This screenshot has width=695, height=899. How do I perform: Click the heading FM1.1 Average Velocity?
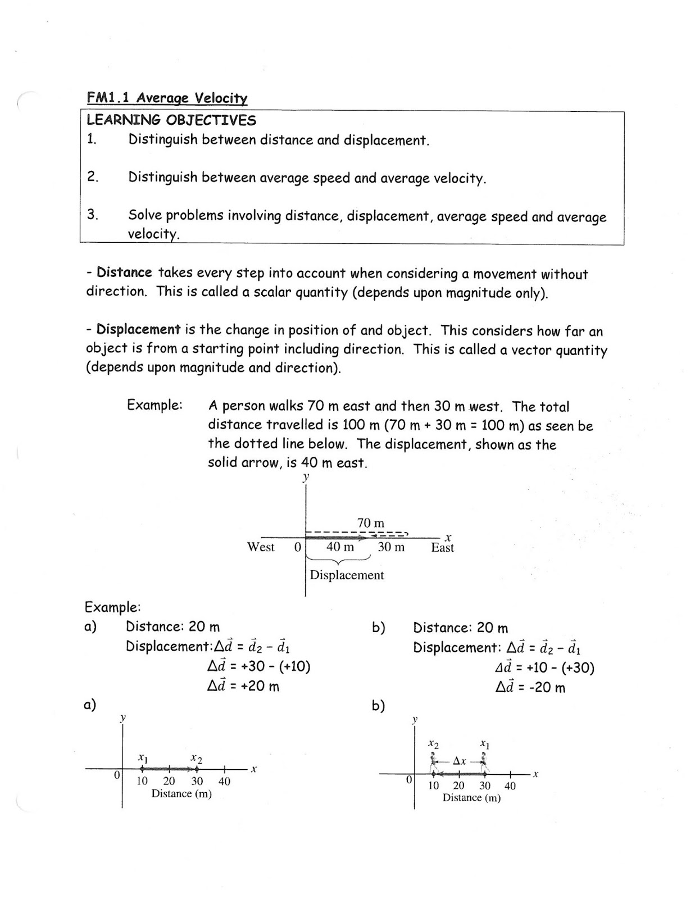point(167,98)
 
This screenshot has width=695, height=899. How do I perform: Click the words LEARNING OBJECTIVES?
point(171,120)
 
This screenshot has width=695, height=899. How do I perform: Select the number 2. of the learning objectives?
point(93,177)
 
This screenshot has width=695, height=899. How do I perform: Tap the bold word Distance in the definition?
point(124,273)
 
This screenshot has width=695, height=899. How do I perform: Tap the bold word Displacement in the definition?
point(138,330)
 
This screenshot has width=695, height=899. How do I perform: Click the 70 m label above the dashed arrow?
point(370,523)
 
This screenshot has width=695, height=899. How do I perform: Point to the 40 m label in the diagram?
point(340,547)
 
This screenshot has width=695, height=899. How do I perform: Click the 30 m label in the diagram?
point(391,547)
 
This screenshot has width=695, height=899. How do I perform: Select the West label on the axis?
point(261,547)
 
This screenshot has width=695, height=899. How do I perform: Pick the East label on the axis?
point(442,548)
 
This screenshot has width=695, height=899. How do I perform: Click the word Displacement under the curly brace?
point(347,575)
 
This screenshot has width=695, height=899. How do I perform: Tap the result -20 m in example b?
point(547,688)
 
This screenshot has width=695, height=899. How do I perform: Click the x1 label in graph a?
point(143,758)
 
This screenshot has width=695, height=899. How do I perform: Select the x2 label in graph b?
point(433,744)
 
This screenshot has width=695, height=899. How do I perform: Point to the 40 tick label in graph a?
point(224,782)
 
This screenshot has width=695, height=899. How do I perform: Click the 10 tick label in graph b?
point(433,786)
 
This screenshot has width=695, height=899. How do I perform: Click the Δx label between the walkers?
point(459,761)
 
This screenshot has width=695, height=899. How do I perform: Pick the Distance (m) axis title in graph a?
point(181,794)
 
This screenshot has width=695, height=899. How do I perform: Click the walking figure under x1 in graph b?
point(485,762)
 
